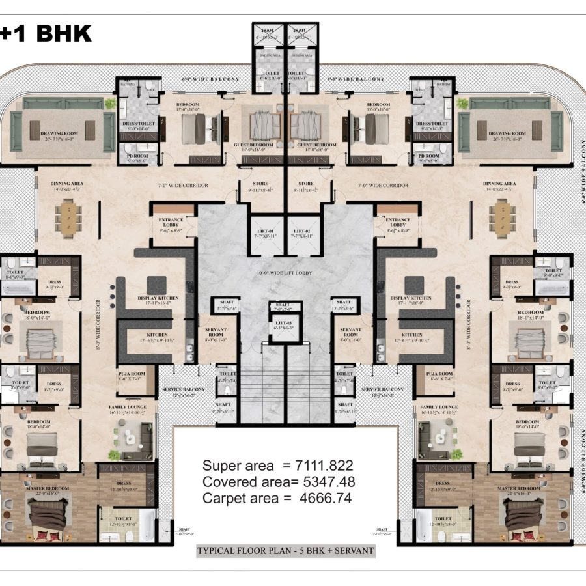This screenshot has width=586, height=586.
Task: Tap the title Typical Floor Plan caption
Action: click(285, 551)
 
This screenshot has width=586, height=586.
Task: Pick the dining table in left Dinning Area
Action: click(69, 217)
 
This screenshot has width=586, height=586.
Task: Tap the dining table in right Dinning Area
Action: click(502, 217)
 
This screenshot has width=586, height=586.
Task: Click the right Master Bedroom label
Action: click(519, 488)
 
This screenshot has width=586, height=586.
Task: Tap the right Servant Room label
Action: click(350, 333)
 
